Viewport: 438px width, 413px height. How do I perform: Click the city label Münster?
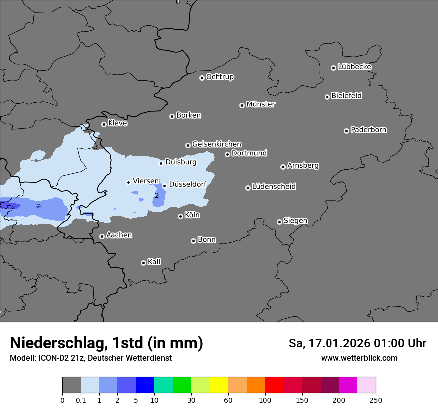pyautogui.click(x=260, y=104)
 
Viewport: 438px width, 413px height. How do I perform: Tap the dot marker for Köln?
pyautogui.click(x=180, y=216)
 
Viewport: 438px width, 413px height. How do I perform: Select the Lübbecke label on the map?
pyautogui.click(x=354, y=67)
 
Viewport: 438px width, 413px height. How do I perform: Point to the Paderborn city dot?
pyautogui.click(x=346, y=131)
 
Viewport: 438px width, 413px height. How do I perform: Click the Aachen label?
pyautogui.click(x=119, y=235)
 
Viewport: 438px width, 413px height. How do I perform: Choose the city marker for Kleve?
pyautogui.click(x=104, y=124)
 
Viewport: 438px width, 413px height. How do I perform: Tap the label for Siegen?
pyautogui.click(x=295, y=221)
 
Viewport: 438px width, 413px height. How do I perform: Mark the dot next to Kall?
pyautogui.click(x=143, y=263)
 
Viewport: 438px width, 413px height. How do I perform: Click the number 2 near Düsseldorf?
pyautogui.click(x=157, y=195)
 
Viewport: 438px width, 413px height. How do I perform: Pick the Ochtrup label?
pyautogui.click(x=219, y=77)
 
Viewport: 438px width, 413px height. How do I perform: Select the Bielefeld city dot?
pyautogui.click(x=327, y=97)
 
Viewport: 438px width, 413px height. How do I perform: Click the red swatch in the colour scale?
pyautogui.click(x=274, y=385)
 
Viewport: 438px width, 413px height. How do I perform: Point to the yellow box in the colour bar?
pyautogui.click(x=219, y=385)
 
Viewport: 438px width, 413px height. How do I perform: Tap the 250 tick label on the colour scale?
pyautogui.click(x=376, y=400)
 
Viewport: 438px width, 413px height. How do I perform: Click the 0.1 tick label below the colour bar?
pyautogui.click(x=81, y=400)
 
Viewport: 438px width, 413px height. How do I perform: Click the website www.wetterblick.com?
pyautogui.click(x=359, y=358)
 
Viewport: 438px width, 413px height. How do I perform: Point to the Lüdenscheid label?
pyautogui.click(x=274, y=187)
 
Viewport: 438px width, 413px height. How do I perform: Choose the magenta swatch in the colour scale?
pyautogui.click(x=348, y=385)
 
